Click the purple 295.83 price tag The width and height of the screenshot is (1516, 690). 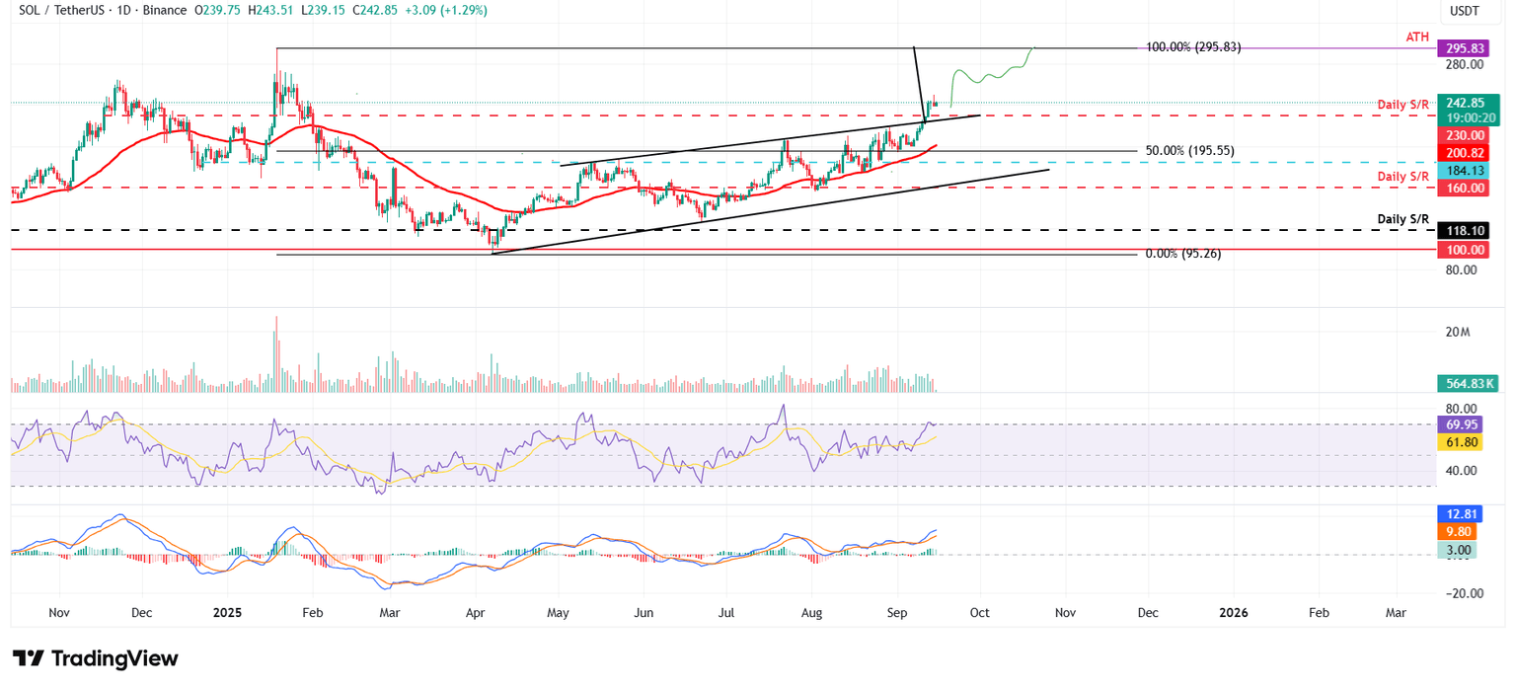coord(1465,47)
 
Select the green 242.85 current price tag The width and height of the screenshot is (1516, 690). coord(1465,103)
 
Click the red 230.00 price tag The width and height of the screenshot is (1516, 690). coord(1465,135)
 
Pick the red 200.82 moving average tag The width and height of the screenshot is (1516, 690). coord(1465,153)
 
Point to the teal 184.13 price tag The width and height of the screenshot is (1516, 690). coord(1465,171)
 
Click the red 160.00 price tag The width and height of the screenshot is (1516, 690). coord(1465,188)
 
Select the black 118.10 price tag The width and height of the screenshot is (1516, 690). coord(1465,230)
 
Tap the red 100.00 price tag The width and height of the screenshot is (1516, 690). coord(1465,251)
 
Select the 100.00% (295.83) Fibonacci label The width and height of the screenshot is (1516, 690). coord(1192,47)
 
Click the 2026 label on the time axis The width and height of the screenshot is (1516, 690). coord(1233,613)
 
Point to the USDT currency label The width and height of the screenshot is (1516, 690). coord(1465,11)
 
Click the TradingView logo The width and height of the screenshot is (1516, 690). coord(96,658)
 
